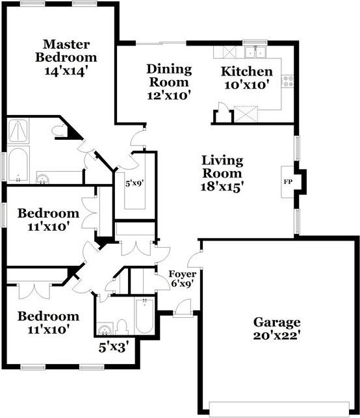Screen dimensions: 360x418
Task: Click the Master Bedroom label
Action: [66, 51]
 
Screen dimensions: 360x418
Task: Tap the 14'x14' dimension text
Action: [66, 71]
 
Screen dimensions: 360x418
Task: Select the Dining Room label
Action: [169, 75]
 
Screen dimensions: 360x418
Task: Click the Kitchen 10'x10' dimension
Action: [246, 85]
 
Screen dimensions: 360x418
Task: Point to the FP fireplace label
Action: [287, 182]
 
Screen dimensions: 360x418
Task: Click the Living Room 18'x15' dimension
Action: [222, 187]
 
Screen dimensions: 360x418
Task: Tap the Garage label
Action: [277, 322]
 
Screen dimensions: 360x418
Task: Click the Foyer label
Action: [182, 274]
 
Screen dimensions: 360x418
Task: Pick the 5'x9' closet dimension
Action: [135, 183]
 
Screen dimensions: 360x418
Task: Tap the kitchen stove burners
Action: [287, 81]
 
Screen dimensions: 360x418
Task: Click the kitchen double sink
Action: [255, 52]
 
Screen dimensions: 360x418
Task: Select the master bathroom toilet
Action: [59, 131]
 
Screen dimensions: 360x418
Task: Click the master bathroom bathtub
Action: [18, 164]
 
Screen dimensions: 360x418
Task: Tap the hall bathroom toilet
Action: [123, 327]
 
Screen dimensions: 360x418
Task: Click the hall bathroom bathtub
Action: [145, 316]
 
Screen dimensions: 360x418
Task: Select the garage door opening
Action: [279, 409]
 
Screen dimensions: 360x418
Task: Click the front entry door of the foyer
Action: [182, 308]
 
